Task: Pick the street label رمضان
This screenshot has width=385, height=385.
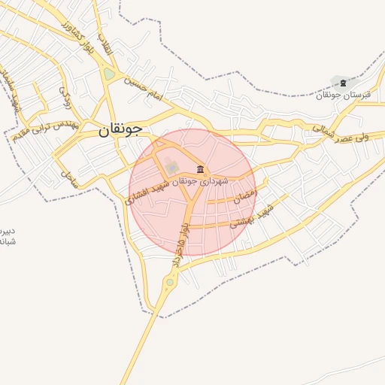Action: (x=244, y=198)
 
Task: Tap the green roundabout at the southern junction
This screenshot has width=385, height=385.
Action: (x=171, y=283)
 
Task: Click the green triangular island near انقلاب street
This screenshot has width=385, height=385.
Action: (x=110, y=74)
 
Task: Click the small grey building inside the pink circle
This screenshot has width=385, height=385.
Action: (x=172, y=166)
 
